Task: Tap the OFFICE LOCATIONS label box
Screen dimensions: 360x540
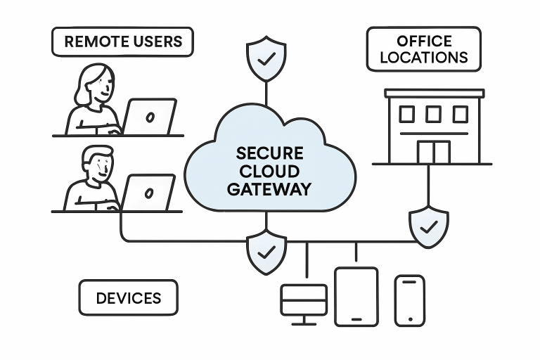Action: point(423,49)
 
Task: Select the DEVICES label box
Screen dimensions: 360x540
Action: point(128,297)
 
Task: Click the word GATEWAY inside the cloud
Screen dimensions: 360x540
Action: point(269,188)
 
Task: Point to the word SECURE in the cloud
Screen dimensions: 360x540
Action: point(269,153)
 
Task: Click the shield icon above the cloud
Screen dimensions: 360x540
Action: point(266,58)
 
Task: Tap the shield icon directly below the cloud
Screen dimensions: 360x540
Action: point(266,250)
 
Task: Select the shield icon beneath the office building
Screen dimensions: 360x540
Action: point(428,226)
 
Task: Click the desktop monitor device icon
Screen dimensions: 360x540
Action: point(304,301)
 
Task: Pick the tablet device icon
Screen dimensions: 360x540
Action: point(356,296)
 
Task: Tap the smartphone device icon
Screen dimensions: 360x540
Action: point(409,300)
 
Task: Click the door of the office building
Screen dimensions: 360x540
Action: point(433,151)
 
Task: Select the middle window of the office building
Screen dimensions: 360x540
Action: point(433,114)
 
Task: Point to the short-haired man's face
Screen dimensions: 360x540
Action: point(98,167)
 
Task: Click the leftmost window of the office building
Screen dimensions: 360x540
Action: point(407,114)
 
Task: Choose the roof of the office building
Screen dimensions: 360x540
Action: point(434,93)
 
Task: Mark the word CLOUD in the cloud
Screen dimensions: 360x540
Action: point(269,171)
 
